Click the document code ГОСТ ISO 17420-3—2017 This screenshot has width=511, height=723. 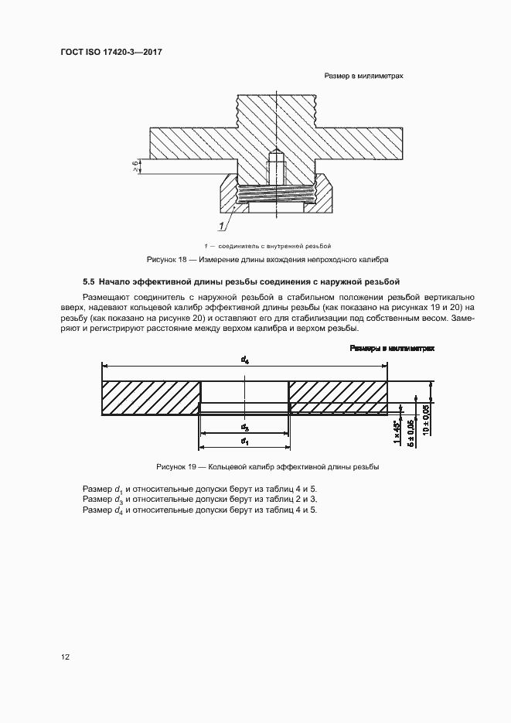point(114,53)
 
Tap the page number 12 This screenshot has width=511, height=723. point(66,656)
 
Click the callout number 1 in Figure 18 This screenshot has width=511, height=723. point(221,226)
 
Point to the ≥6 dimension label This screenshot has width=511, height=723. point(135,166)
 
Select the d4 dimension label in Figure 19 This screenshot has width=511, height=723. point(245,360)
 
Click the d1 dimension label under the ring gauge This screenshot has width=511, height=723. point(244,442)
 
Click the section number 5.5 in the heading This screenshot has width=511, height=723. point(89,280)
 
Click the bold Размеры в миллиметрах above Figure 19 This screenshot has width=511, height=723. point(392,349)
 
